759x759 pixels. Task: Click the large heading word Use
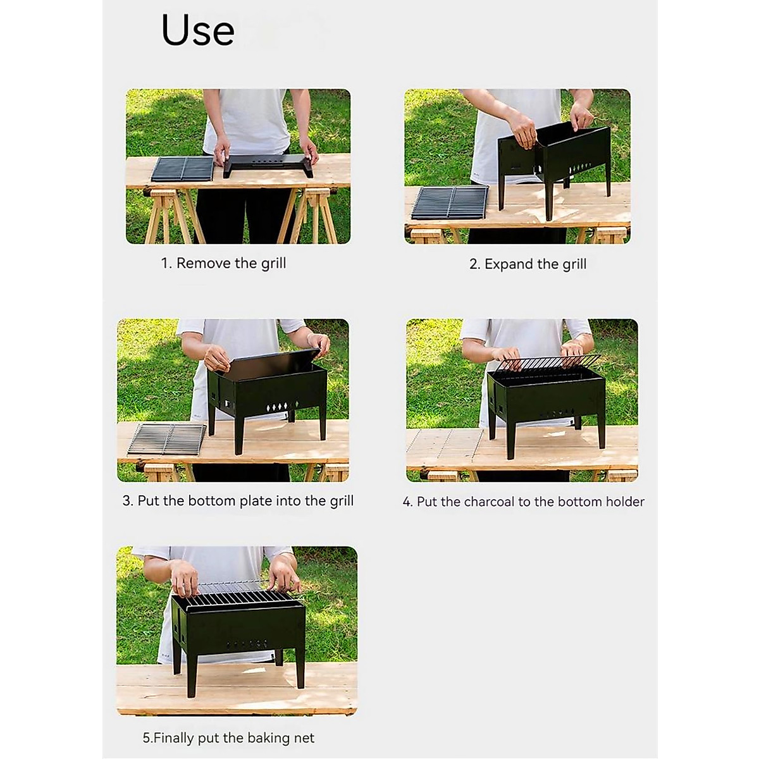tap(198, 30)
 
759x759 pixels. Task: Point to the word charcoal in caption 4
tap(489, 502)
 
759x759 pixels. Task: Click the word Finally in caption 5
tap(173, 738)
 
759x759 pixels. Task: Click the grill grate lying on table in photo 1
tap(183, 169)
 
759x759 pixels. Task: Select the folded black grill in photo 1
tap(268, 164)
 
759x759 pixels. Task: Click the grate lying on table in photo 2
tap(450, 202)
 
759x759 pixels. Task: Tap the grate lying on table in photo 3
tap(167, 438)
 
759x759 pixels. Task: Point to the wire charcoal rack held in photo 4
tap(547, 362)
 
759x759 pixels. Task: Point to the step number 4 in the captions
tap(407, 502)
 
